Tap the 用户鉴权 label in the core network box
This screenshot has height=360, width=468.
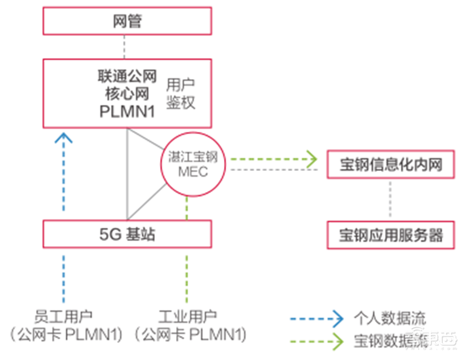[x=180, y=94]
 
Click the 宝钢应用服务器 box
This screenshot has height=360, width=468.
[x=390, y=235]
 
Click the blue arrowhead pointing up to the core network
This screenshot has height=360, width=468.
[x=66, y=138]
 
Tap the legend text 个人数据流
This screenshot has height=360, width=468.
[x=390, y=319]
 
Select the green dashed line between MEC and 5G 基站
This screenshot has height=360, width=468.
[x=186, y=208]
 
